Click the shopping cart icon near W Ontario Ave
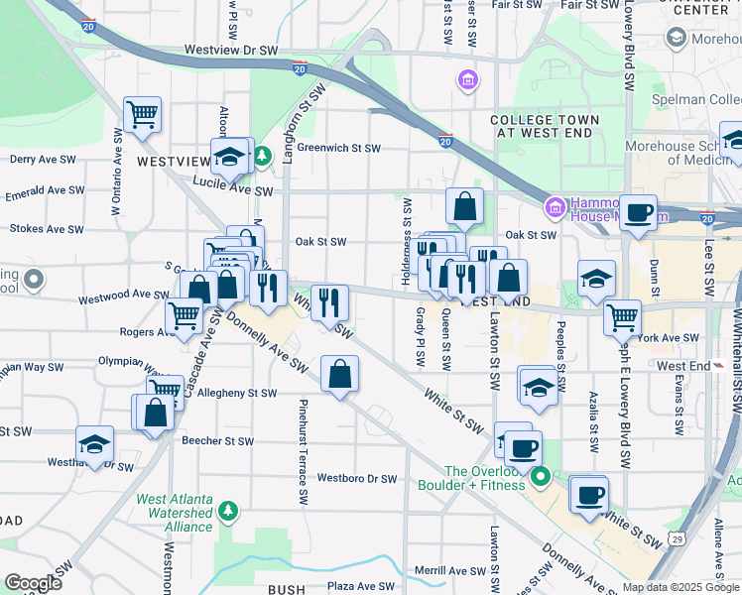click(x=143, y=114)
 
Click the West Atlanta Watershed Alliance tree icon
click(x=229, y=510)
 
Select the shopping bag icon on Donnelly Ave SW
click(x=339, y=374)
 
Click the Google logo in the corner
click(x=33, y=582)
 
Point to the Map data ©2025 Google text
click(x=680, y=587)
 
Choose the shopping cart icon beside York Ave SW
click(x=622, y=317)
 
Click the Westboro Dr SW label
click(x=357, y=479)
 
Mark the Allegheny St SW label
click(x=237, y=394)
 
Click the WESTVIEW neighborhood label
click(x=174, y=161)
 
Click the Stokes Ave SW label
click(x=43, y=228)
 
